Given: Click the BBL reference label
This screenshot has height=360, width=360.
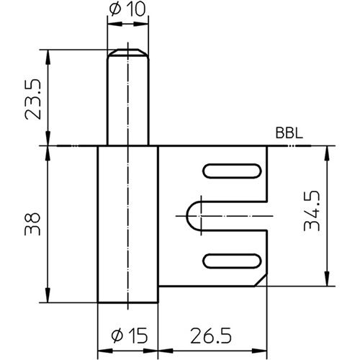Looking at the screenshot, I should [x=288, y=134].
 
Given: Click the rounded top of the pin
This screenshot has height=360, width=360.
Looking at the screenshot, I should [x=127, y=52].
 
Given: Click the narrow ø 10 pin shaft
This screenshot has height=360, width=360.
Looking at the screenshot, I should [x=127, y=101].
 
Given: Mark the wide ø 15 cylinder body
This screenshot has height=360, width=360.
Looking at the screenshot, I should [x=127, y=223].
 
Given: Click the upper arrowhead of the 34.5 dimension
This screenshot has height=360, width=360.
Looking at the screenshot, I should [x=327, y=151].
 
